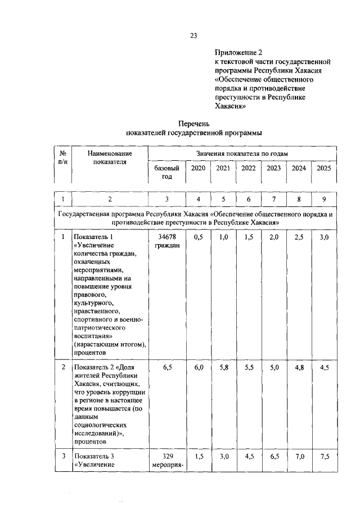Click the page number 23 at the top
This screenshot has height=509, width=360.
(193, 35)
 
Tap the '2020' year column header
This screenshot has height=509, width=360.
(197, 168)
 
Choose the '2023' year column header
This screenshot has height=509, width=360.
(273, 168)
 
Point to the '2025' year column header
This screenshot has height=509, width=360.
(323, 168)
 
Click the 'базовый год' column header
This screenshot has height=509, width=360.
(166, 172)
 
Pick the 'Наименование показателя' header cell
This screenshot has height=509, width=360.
(110, 157)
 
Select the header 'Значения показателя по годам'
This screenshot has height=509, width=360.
(242, 154)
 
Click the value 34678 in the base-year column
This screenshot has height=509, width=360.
(166, 237)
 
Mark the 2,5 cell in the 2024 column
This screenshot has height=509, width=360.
(299, 237)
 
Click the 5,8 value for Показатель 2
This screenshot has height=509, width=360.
(223, 367)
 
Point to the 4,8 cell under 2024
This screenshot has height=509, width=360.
(299, 367)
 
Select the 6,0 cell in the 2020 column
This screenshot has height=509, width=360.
(197, 367)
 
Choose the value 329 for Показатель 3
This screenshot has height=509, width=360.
(166, 457)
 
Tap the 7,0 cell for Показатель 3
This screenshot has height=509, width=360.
(299, 457)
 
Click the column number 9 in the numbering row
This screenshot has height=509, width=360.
(323, 199)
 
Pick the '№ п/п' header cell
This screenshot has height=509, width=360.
(64, 157)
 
